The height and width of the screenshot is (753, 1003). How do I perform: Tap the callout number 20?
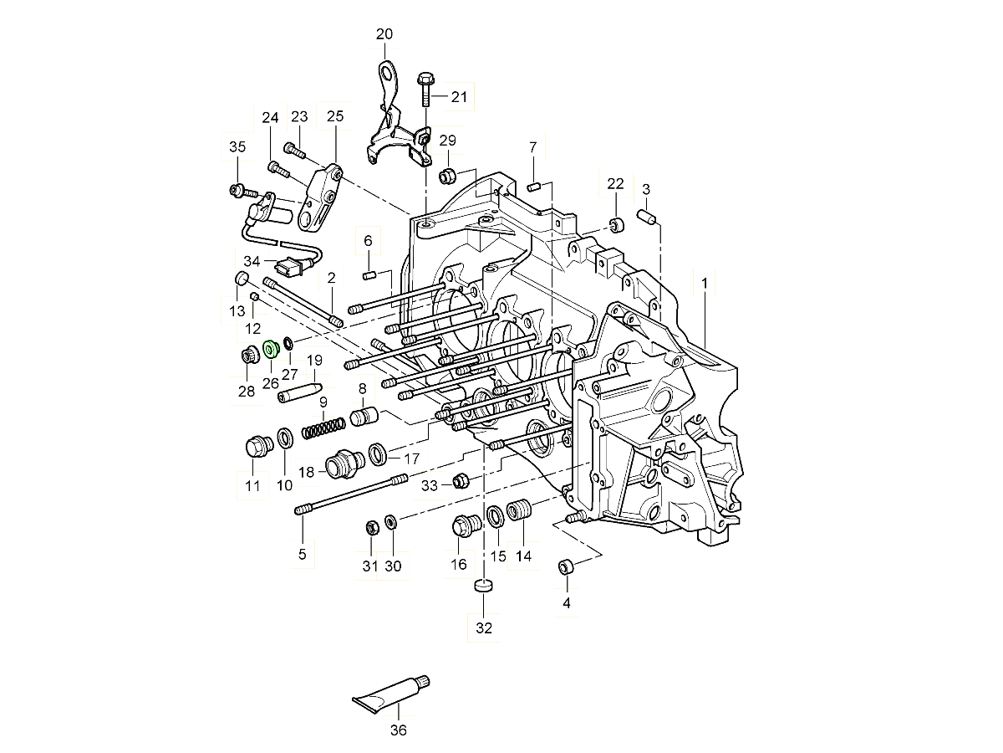click(384, 34)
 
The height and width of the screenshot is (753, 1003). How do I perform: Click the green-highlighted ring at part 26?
click(270, 347)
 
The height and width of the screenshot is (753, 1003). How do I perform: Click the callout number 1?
click(704, 284)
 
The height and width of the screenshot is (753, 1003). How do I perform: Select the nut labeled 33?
click(459, 481)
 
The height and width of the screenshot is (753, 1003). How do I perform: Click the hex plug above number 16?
click(462, 526)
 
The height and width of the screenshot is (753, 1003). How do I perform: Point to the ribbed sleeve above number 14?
click(520, 510)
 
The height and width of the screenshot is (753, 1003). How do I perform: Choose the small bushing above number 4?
click(566, 568)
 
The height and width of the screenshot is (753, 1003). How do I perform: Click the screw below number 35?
click(237, 192)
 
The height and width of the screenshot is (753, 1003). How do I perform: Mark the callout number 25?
click(335, 116)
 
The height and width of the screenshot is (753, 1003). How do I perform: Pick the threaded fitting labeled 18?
click(343, 464)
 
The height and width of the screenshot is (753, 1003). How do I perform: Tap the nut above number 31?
click(370, 527)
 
